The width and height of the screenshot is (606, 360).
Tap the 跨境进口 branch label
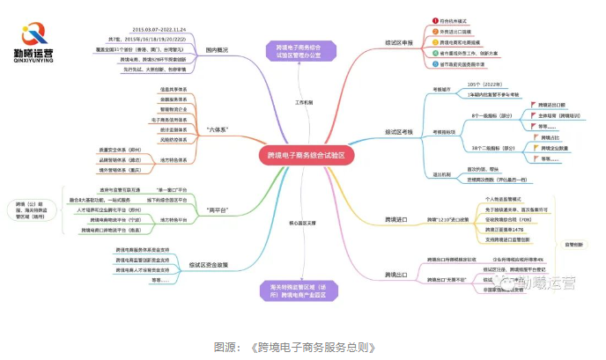pyautogui.click(x=398, y=218)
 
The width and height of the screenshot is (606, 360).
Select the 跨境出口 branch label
pyautogui.click(x=398, y=276)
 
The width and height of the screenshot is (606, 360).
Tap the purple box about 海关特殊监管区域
pyautogui.click(x=298, y=290)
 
